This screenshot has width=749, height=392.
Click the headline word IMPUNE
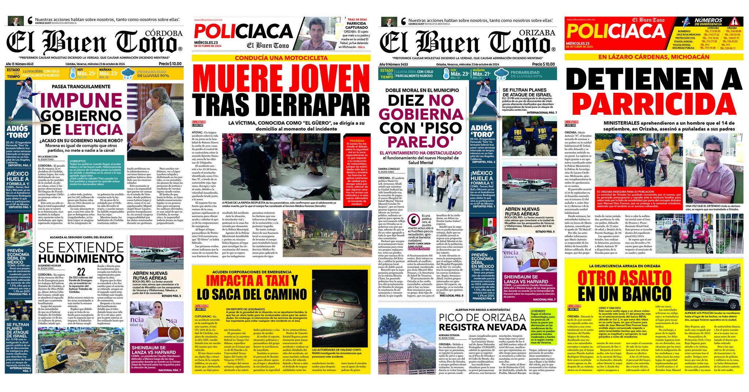pyautogui.click(x=82, y=101)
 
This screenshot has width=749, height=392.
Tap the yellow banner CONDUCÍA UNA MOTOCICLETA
pyautogui.click(x=281, y=58)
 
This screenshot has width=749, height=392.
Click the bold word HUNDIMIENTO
pyautogui.click(x=81, y=259)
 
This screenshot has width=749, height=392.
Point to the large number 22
pyautogui.click(x=81, y=271)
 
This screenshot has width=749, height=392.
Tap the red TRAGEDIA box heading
pyautogui.click(x=357, y=140)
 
